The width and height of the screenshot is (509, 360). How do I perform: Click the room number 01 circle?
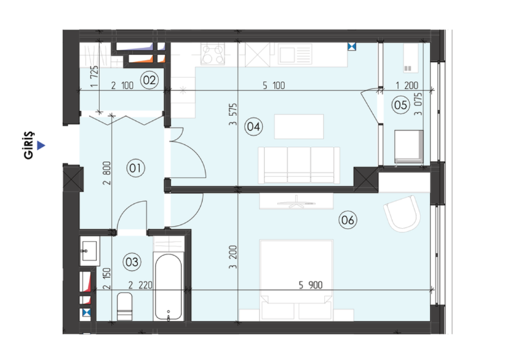(135, 168)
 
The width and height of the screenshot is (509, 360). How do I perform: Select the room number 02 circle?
(149, 80)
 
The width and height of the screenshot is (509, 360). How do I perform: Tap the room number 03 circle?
(132, 261)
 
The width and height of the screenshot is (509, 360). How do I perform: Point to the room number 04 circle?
(253, 126)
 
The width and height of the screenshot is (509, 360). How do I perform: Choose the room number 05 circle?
(400, 105)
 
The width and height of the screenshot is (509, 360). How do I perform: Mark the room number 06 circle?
(348, 220)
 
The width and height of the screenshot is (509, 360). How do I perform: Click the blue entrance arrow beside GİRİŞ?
(41, 145)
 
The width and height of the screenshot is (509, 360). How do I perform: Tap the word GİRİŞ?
(29, 145)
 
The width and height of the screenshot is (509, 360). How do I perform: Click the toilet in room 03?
(124, 306)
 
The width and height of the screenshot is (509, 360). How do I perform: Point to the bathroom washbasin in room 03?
(89, 251)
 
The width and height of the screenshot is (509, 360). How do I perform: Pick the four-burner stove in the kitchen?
(213, 54)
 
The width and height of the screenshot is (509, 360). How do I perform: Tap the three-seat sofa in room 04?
(299, 165)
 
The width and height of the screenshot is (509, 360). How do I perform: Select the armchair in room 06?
(402, 213)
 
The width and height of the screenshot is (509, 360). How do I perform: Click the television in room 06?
(296, 202)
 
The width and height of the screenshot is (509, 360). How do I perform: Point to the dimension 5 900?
(311, 285)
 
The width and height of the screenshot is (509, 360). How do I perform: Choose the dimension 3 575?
(233, 114)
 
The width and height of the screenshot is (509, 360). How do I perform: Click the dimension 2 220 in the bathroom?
(140, 285)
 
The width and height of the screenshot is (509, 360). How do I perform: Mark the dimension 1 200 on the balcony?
(407, 85)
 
